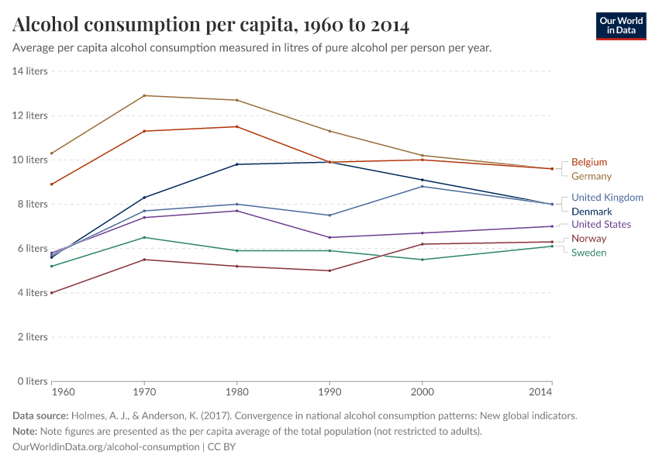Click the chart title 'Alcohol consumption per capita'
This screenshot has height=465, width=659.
pyautogui.click(x=211, y=26)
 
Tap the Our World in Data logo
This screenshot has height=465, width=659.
pyautogui.click(x=621, y=26)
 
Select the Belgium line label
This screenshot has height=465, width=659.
pyautogui.click(x=588, y=162)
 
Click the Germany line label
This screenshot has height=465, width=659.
pyautogui.click(x=591, y=176)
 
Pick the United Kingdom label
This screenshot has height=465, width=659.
pyautogui.click(x=607, y=197)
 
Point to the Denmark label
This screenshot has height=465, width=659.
pyautogui.click(x=591, y=211)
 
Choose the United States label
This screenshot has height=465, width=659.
pyautogui.click(x=601, y=224)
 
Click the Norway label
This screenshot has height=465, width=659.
pyautogui.click(x=588, y=238)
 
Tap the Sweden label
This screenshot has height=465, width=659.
pyautogui.click(x=588, y=253)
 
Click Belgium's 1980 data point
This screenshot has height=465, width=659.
pyautogui.click(x=236, y=126)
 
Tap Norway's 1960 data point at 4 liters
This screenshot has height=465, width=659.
pyautogui.click(x=51, y=293)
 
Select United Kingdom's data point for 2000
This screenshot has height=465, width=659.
pyautogui.click(x=422, y=186)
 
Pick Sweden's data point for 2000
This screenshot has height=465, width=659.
pyautogui.click(x=422, y=260)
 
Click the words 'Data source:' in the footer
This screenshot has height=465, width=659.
pyautogui.click(x=40, y=415)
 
